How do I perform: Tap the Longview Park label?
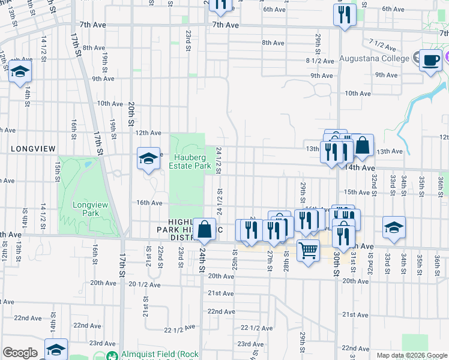click(90, 209)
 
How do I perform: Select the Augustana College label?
click(375, 59)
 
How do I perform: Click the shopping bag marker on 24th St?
click(204, 229)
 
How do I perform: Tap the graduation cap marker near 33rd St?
click(394, 228)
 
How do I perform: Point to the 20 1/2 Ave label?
click(146, 284)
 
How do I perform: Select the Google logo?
click(20, 353)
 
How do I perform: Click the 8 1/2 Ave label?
click(320, 61)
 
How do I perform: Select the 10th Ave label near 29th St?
click(358, 93)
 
